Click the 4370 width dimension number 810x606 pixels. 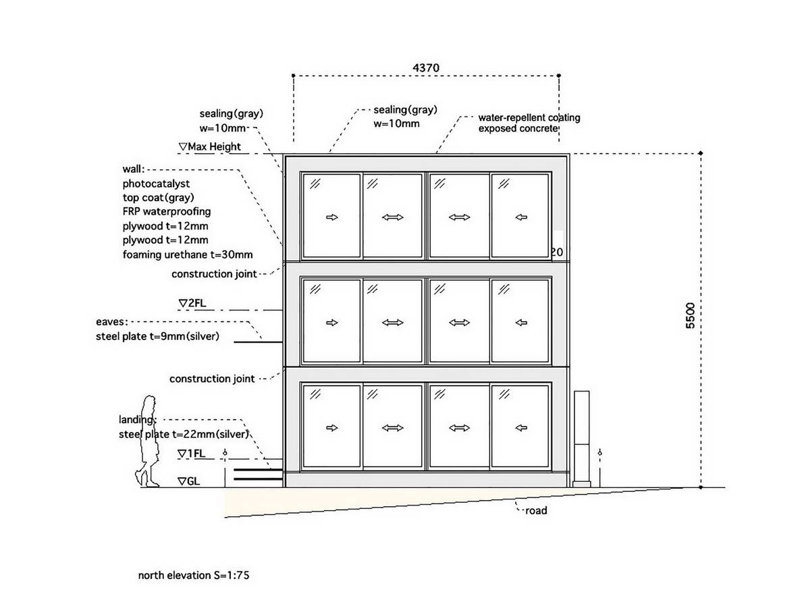426,68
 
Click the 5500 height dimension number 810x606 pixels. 690,315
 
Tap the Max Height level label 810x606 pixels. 210,147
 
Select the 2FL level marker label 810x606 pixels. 192,303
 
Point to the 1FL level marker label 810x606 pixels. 192,453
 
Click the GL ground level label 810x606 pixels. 188,481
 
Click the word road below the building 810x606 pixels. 536,510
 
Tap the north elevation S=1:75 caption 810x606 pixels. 194,575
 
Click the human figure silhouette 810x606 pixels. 147,441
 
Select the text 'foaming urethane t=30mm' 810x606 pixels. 188,254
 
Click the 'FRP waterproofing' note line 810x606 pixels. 167,211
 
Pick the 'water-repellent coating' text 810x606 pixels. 529,117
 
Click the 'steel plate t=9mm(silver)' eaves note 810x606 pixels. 157,336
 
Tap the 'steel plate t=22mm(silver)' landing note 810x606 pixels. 184,434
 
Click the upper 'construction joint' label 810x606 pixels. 214,274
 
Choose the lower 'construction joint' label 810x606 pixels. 212,379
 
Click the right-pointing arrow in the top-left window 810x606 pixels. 331,217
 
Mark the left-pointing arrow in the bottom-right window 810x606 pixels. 521,428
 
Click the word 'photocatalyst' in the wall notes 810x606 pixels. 156,184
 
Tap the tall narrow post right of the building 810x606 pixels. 581,439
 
